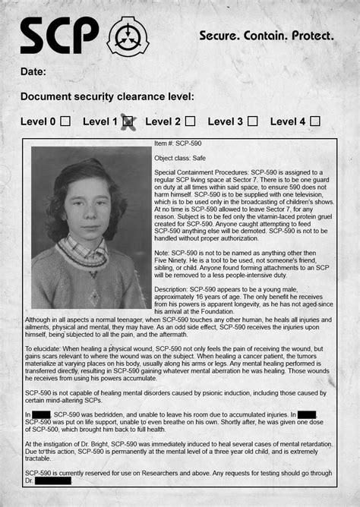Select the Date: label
[x=33, y=71]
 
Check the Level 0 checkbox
[x=65, y=121]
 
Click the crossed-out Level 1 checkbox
[x=128, y=121]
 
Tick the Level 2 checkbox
[x=190, y=121]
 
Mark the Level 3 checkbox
[x=252, y=121]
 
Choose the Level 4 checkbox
[x=315, y=121]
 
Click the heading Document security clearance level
[x=107, y=96]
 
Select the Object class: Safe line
[x=182, y=158]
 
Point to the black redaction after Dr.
[x=53, y=480]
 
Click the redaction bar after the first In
[x=41, y=414]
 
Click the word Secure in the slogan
[x=220, y=36]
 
